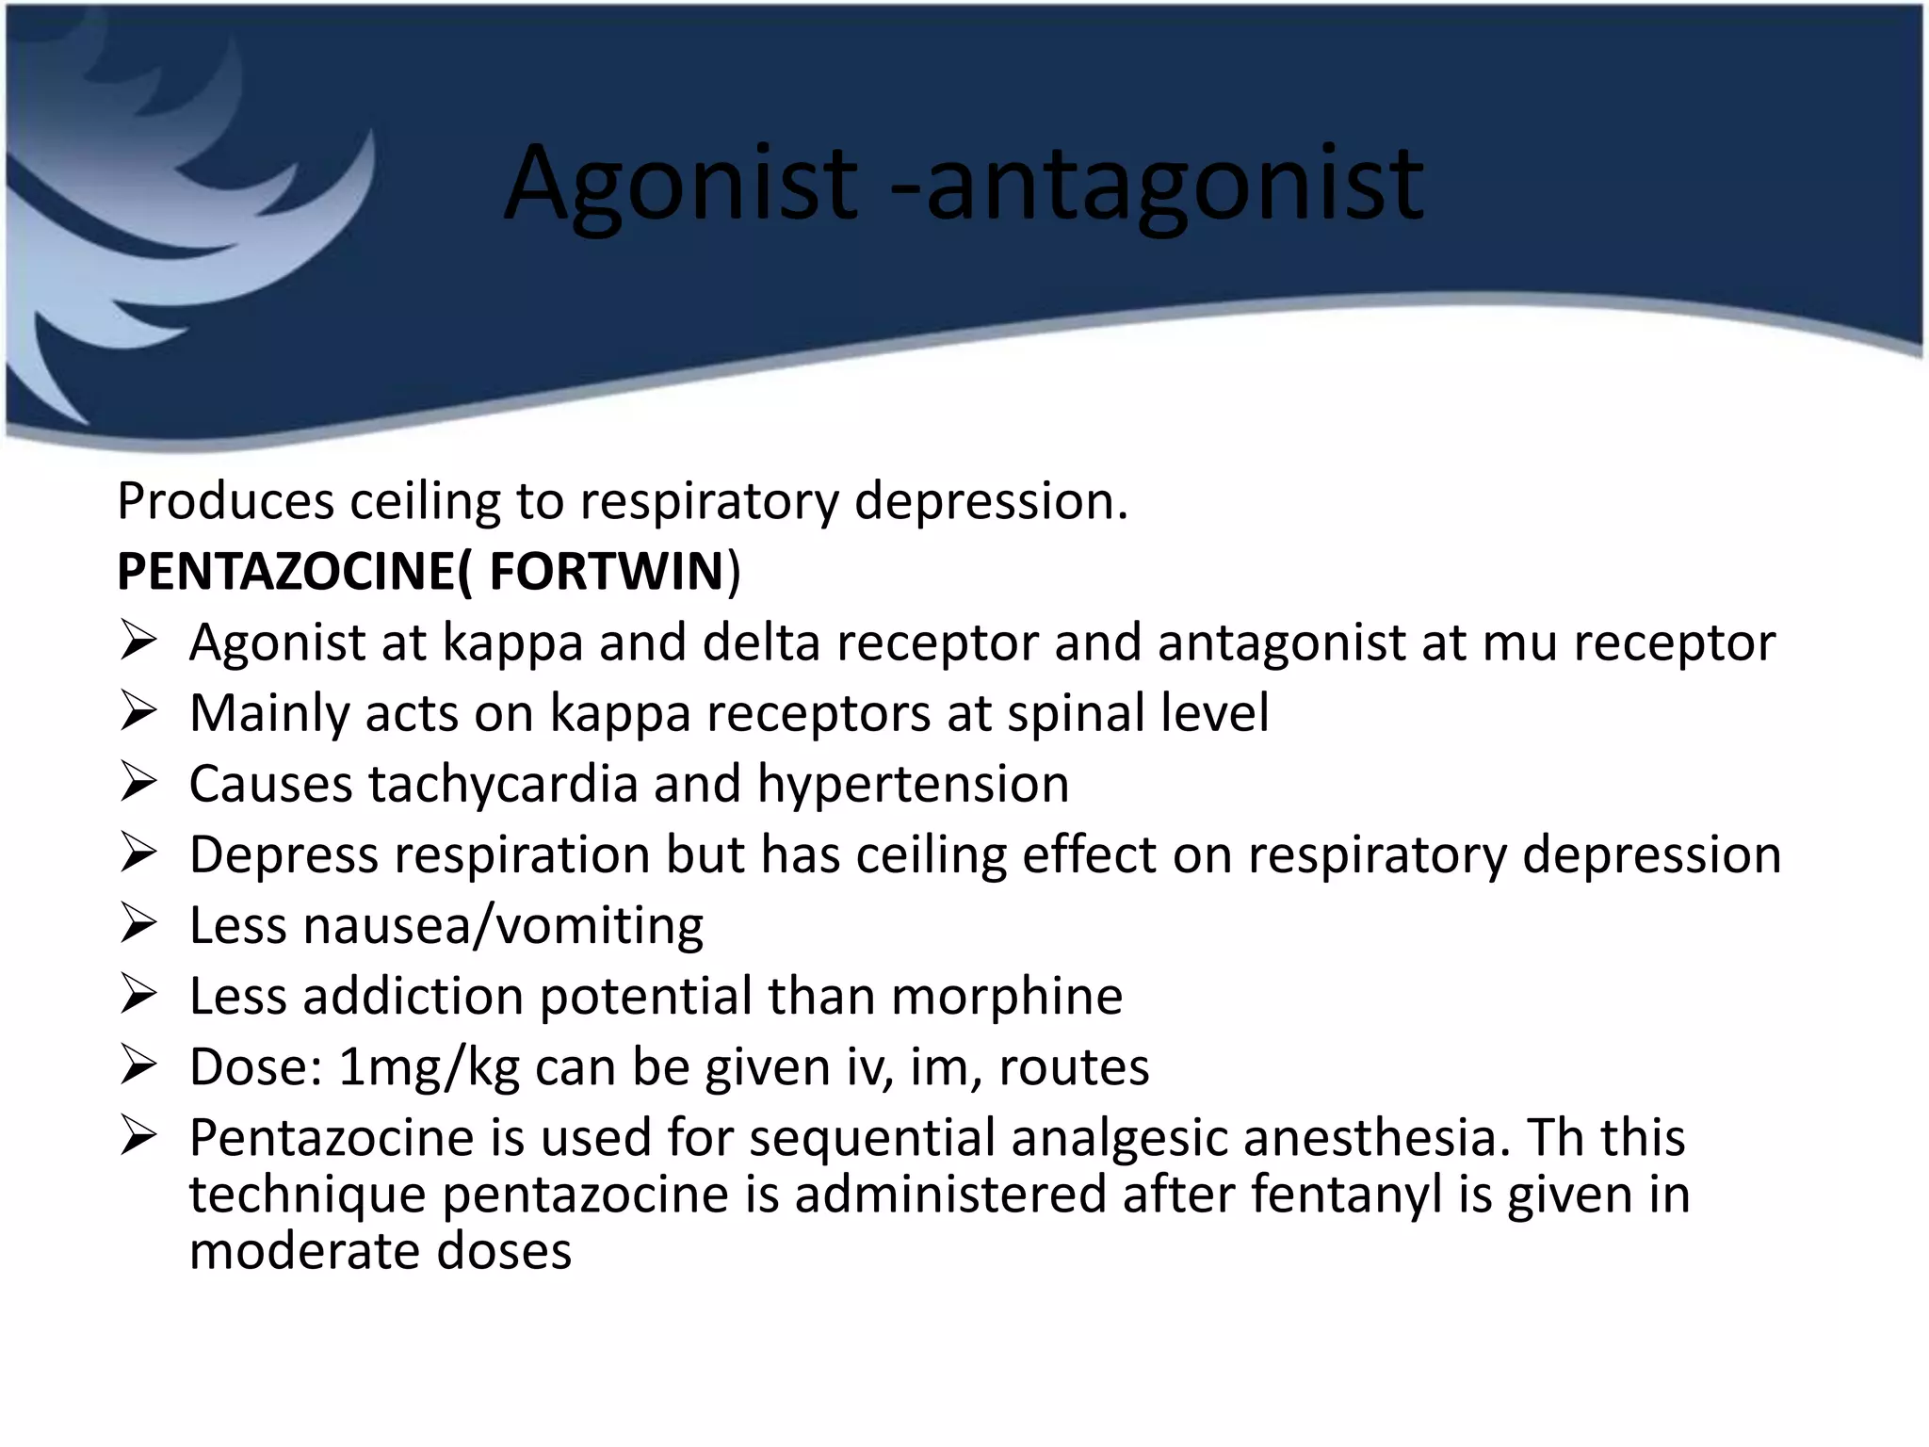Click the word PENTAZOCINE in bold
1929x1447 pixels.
[x=286, y=572]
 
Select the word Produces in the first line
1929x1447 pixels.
[x=225, y=501]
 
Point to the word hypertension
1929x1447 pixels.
[x=913, y=784]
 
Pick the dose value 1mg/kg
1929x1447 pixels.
[x=429, y=1067]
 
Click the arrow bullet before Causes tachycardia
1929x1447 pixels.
[x=138, y=783]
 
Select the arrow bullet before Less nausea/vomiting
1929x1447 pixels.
[x=138, y=924]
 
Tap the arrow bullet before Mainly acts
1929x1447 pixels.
[x=138, y=712]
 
